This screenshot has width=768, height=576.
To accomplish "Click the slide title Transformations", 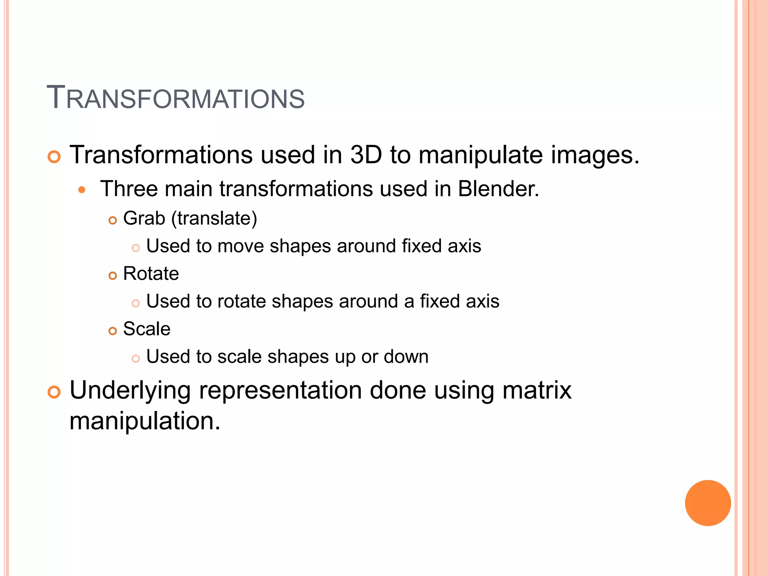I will click(175, 98).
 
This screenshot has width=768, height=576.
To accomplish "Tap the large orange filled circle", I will click(708, 503).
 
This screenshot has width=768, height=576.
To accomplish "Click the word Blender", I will click(498, 189).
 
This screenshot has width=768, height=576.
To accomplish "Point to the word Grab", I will click(144, 218).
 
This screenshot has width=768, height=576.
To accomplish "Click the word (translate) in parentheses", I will click(214, 219).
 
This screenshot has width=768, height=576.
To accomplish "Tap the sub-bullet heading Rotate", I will click(151, 273).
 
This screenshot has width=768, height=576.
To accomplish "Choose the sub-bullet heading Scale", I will click(147, 329).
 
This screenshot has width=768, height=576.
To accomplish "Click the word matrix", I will click(537, 390).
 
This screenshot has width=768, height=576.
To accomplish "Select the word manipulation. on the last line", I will click(145, 421).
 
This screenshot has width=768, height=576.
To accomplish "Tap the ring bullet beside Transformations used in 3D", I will click(54, 157).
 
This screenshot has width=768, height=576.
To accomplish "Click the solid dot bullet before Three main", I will click(82, 190).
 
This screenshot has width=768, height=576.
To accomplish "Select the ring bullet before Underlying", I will click(54, 392).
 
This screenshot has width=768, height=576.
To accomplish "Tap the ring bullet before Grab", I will click(112, 220).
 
